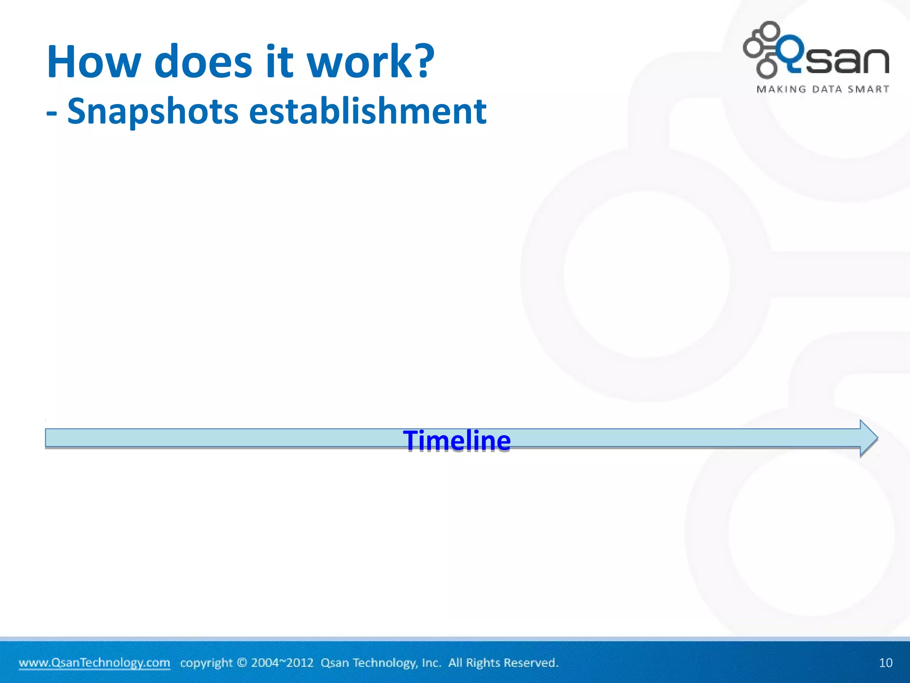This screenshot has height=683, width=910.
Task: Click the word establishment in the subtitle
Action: coord(367,111)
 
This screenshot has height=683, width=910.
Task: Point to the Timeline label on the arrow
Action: coord(457,440)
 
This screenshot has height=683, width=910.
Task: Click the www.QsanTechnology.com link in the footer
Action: coord(94,663)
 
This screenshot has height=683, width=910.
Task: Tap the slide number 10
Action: coord(886,663)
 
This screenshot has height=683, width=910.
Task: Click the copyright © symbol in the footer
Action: coord(242,663)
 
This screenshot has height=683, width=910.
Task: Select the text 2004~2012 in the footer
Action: coord(282,663)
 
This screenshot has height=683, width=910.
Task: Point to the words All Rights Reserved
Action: coord(503,663)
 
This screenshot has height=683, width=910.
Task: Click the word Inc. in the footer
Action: coord(431,663)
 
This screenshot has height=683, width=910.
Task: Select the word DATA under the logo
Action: coord(827,89)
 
